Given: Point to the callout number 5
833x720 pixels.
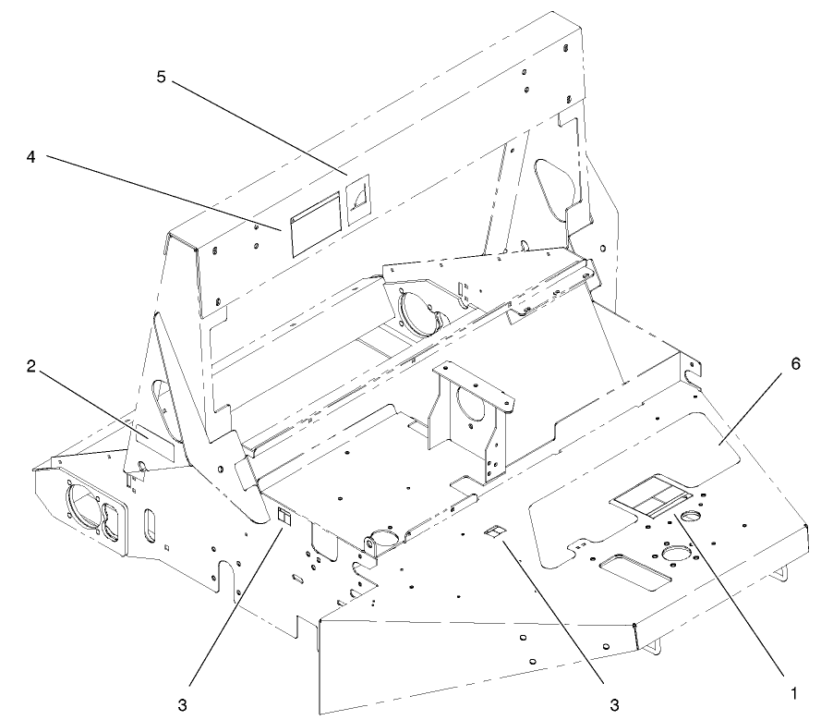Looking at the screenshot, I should (161, 78).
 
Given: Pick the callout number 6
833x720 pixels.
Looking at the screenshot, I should (795, 364).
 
